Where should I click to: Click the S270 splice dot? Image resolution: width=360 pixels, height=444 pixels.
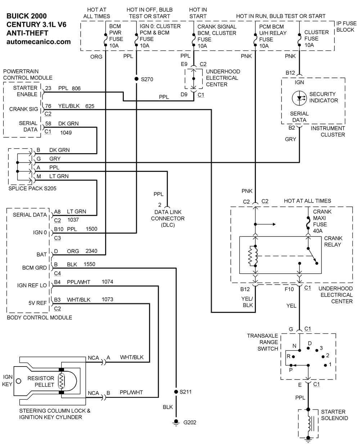[136, 79]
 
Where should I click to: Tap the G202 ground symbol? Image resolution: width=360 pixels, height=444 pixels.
[176, 422]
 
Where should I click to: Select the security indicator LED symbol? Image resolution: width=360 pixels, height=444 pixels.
[299, 98]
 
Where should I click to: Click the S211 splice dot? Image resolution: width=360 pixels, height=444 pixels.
[176, 392]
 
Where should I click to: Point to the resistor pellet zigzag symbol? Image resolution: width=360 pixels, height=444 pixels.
[62, 381]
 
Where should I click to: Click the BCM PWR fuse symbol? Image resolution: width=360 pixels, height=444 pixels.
[105, 39]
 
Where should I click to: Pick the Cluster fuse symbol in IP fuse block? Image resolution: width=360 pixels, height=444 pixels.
[299, 40]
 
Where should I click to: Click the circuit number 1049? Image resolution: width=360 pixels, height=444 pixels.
[66, 133]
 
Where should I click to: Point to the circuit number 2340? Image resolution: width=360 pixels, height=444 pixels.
[91, 251]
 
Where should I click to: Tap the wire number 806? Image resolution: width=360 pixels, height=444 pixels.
[76, 88]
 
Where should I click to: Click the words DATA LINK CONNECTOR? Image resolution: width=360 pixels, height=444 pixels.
[168, 215]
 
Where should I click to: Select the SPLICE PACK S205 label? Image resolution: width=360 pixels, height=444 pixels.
[32, 188]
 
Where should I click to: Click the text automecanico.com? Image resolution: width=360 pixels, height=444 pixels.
[39, 42]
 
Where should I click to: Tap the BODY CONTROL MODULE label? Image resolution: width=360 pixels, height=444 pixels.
[39, 318]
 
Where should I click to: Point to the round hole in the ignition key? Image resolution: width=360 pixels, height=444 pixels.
[18, 381]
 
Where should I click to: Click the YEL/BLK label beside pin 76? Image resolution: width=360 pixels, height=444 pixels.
[69, 106]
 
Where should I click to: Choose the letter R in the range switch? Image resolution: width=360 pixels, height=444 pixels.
[288, 356]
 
